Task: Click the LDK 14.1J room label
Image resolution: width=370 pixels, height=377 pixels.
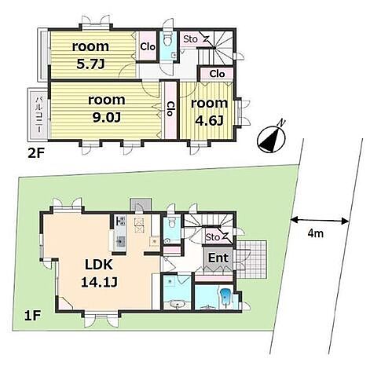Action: [99, 273]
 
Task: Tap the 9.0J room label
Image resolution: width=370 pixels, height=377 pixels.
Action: [106, 109]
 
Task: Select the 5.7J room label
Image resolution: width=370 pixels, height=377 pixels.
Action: [90, 55]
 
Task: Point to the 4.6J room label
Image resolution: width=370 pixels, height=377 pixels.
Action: [210, 112]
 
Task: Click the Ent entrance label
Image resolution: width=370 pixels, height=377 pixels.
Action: [218, 258]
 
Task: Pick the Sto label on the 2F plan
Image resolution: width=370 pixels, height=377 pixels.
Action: [190, 39]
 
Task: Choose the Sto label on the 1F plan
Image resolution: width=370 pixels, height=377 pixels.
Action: [212, 237]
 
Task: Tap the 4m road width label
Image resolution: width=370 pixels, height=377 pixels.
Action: [315, 233]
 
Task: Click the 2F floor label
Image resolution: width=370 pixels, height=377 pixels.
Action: [35, 153]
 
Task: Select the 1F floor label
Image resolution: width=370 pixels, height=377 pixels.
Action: [32, 317]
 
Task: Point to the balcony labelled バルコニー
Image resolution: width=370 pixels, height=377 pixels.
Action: [38, 115]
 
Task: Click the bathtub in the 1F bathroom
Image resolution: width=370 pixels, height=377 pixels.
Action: [225, 297]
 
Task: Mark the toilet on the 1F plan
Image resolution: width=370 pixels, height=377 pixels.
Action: [171, 222]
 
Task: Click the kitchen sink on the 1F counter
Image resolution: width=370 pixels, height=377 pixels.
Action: [121, 241]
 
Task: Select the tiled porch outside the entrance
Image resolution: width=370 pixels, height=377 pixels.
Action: [251, 260]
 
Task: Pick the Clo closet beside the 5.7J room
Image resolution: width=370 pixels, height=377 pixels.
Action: [148, 46]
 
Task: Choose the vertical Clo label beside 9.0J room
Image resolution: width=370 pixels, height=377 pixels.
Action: [170, 108]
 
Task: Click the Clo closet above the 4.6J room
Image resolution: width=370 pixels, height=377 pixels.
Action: [217, 74]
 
